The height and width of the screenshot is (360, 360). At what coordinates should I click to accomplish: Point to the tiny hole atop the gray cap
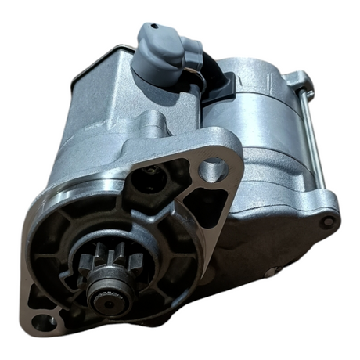[153, 27]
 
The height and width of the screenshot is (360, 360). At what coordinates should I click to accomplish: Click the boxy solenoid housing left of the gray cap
[102, 86]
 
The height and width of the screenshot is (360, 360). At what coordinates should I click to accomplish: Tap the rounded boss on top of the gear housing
[153, 125]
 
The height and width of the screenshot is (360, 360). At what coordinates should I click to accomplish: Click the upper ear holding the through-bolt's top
[297, 78]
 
